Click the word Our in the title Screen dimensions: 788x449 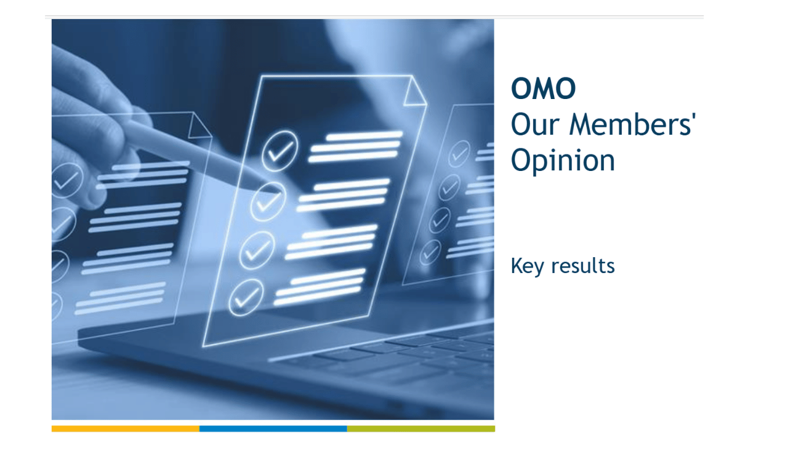pyautogui.click(x=535, y=124)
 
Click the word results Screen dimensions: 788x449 pyautogui.click(x=583, y=266)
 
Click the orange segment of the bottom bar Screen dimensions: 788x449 pyautogui.click(x=126, y=429)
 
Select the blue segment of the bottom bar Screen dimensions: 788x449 pyautogui.click(x=273, y=429)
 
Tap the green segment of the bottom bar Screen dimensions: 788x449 pyautogui.click(x=421, y=429)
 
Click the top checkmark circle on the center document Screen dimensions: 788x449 pyautogui.click(x=280, y=151)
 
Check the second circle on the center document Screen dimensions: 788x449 pyautogui.click(x=268, y=202)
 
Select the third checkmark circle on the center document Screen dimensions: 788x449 pyautogui.click(x=257, y=250)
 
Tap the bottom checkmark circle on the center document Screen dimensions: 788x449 pyautogui.click(x=246, y=297)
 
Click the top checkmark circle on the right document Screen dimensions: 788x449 pyautogui.click(x=459, y=154)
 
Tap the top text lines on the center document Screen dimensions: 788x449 pyautogui.click(x=355, y=147)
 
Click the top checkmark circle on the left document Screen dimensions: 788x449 pyautogui.click(x=68, y=180)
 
